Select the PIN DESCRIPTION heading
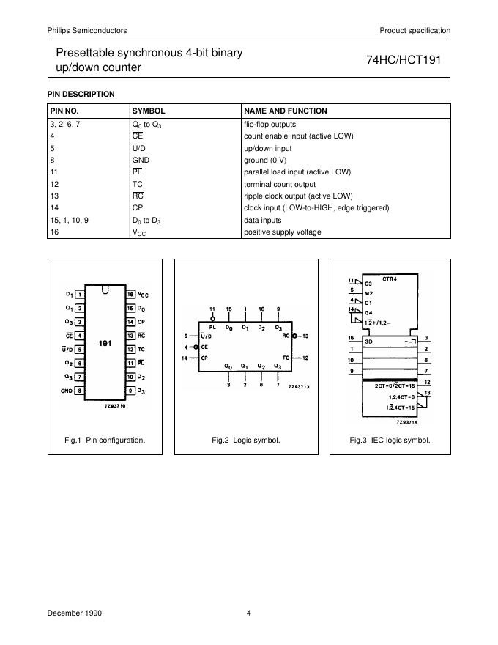(x=81, y=94)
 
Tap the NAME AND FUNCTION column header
(x=285, y=111)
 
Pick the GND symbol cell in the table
(x=141, y=160)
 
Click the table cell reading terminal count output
(x=279, y=184)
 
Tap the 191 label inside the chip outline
(x=105, y=342)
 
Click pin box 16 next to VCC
(x=130, y=294)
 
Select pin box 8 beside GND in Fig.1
(x=79, y=391)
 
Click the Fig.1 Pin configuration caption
(x=105, y=441)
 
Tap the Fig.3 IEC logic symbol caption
(x=390, y=441)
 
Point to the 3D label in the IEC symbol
(x=370, y=341)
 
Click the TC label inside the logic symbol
(x=286, y=357)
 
